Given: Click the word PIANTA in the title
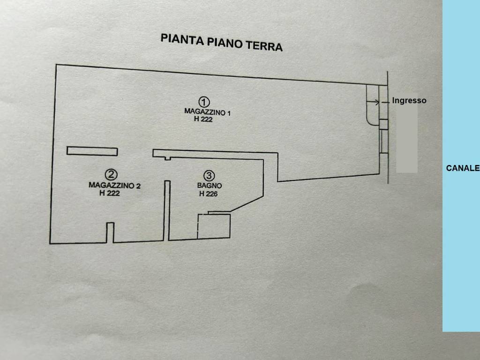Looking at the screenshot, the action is click(182, 39).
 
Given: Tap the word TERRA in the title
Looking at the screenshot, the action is click(264, 45).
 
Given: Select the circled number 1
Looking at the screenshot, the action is click(204, 102).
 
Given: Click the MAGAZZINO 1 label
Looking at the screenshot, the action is click(207, 112).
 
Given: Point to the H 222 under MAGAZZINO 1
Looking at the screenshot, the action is click(203, 119).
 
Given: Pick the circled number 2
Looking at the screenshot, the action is click(111, 174).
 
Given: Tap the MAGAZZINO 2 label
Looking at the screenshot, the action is click(114, 185).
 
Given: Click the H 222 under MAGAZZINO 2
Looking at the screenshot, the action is click(109, 193).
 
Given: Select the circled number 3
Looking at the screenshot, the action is click(209, 175).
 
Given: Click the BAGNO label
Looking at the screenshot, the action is click(210, 186).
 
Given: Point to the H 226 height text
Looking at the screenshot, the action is click(208, 194).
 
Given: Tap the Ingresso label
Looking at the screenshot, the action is click(409, 100).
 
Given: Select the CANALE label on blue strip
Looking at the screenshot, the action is click(463, 168).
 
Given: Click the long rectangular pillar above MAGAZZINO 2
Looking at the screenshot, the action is click(92, 151).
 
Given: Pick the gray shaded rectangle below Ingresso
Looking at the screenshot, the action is click(407, 133).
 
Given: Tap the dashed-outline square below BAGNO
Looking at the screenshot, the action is click(214, 226).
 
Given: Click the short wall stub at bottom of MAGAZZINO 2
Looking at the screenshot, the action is click(110, 232).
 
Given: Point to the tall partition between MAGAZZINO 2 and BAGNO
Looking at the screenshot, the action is click(167, 210).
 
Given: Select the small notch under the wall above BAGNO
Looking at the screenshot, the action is click(167, 158).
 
